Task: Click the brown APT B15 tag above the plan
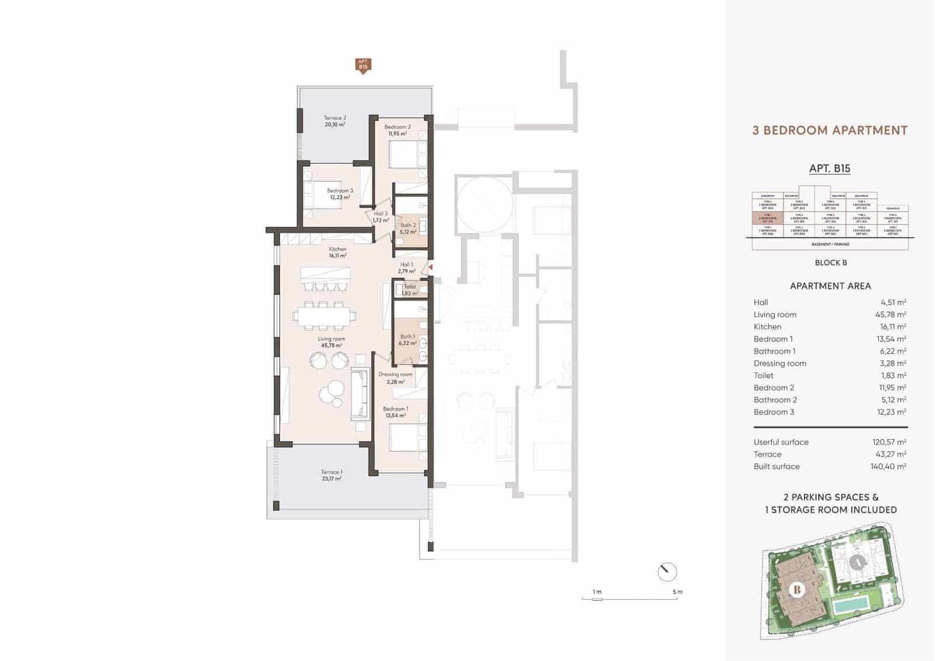coord(363,65)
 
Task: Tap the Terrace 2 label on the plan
coord(335,121)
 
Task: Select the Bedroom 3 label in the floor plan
coord(340,194)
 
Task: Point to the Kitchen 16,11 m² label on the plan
coord(337,252)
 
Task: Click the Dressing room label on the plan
coord(396,378)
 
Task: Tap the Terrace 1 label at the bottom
coord(331,475)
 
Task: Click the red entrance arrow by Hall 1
coord(431,267)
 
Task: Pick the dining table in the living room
coord(324,316)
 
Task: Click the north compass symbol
coord(667,572)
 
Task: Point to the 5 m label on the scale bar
coord(677,592)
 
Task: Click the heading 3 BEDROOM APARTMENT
coord(829,130)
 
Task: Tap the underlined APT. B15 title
coord(829,168)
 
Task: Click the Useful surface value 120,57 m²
coord(889,442)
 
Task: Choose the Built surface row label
coord(777,466)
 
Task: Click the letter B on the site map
coord(797,589)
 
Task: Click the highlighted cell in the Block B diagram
coord(767,218)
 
